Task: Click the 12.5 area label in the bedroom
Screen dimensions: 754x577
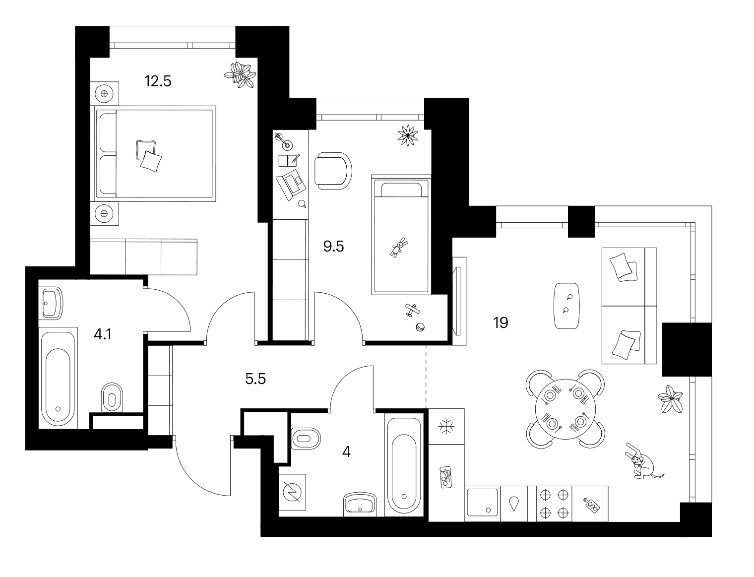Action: [158, 81]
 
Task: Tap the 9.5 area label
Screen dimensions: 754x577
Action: [333, 247]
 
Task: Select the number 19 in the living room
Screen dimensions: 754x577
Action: [500, 323]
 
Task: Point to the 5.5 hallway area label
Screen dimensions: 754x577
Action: [255, 379]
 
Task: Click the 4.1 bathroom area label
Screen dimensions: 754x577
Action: [102, 334]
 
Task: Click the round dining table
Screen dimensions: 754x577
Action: [565, 409]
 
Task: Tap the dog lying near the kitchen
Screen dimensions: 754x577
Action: [642, 466]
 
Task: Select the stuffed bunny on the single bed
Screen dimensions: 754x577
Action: [399, 247]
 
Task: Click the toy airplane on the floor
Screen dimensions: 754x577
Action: [412, 310]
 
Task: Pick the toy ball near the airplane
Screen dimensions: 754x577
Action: [420, 327]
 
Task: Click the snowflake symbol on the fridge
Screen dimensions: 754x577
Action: [446, 427]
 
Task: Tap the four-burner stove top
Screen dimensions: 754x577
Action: [554, 504]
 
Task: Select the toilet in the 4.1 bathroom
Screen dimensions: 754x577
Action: [112, 398]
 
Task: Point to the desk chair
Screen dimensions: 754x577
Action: [333, 171]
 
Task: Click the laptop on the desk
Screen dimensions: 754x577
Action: [291, 185]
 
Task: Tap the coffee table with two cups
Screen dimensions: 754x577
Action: [567, 306]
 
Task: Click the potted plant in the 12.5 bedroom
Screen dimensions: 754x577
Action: [240, 75]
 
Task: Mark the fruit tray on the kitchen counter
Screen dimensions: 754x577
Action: [445, 477]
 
